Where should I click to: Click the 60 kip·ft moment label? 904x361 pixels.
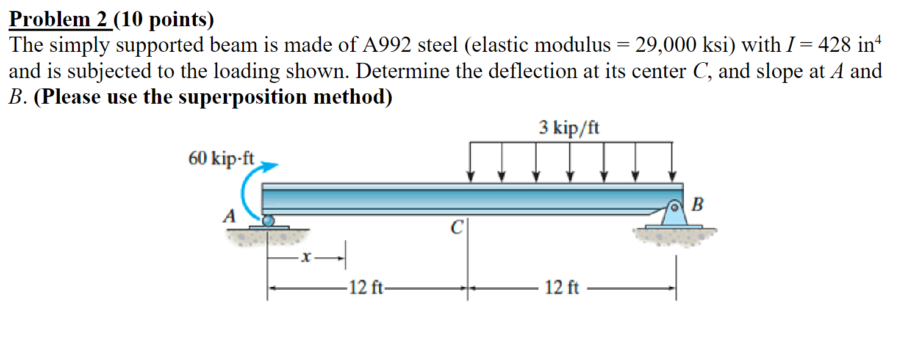[x=221, y=159]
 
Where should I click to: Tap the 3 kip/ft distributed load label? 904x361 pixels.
[x=569, y=128]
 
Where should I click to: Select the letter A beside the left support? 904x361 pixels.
[x=230, y=215]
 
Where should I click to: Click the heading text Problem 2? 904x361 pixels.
[x=59, y=20]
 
